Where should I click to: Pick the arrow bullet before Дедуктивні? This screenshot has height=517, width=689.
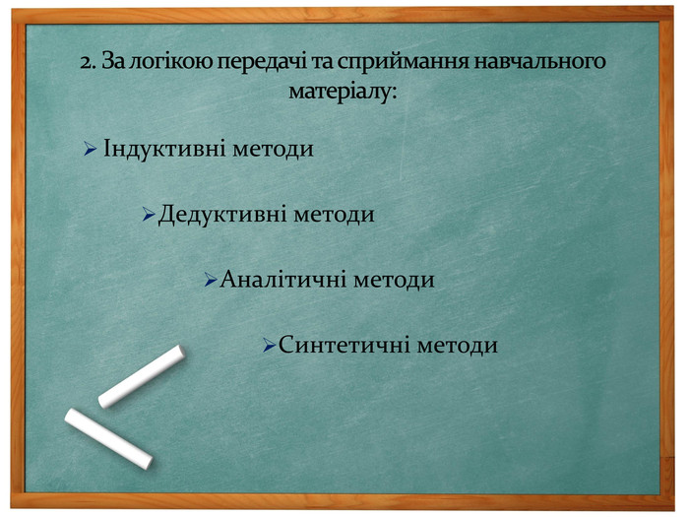click(149, 215)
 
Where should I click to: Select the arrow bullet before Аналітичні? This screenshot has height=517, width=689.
click(210, 281)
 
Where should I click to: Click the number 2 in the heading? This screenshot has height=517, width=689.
click(86, 62)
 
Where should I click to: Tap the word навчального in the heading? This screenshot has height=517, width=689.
click(540, 62)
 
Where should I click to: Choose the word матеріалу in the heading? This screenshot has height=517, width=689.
click(341, 92)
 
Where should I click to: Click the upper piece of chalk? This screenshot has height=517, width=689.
click(142, 376)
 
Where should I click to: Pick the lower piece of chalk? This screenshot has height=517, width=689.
click(108, 438)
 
